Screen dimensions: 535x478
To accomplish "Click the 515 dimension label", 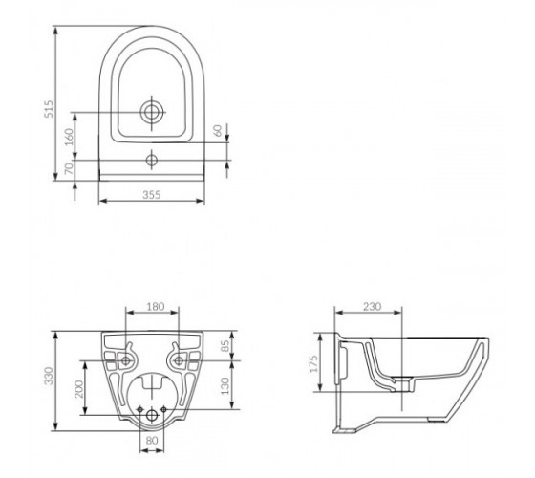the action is [x=49, y=109].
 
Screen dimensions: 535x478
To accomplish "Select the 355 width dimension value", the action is [x=151, y=195].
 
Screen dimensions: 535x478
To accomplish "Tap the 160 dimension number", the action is [x=69, y=137].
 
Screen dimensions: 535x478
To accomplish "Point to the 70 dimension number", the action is [x=69, y=168].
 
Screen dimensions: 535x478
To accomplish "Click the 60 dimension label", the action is [x=217, y=130].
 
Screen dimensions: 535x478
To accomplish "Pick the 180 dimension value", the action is [x=156, y=306].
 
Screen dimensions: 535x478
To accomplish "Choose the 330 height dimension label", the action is [x=49, y=376].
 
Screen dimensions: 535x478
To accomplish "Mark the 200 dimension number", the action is [x=78, y=389].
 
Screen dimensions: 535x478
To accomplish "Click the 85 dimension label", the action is [x=225, y=346].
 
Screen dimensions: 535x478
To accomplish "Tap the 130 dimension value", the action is [x=225, y=385].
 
